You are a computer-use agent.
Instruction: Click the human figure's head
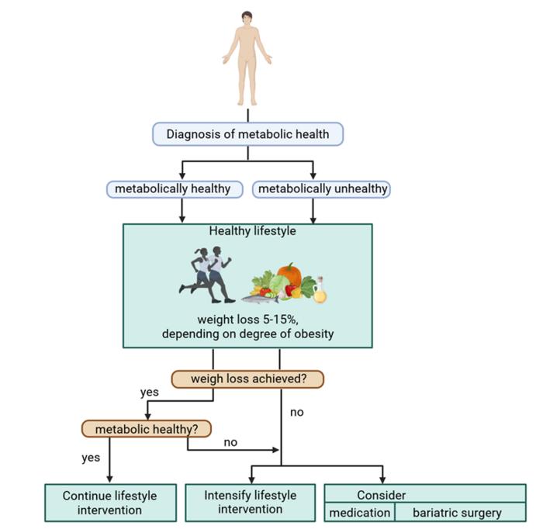point(247,17)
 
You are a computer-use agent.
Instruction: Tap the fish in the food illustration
point(261,296)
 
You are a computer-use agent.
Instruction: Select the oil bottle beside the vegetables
point(320,292)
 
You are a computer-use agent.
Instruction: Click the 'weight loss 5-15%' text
point(247,320)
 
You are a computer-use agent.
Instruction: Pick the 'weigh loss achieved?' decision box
point(247,379)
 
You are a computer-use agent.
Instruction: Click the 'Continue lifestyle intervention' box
point(109,503)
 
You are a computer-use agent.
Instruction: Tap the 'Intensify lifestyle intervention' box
point(249,503)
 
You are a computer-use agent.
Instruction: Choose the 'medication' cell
point(359,513)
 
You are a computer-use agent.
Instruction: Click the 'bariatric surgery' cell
point(457,513)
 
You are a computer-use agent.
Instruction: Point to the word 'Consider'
point(382,494)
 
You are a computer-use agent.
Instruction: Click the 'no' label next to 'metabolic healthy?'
point(231,442)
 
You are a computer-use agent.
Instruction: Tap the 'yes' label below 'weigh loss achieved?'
point(150,392)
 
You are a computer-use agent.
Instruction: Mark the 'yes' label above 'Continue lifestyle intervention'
point(91,458)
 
